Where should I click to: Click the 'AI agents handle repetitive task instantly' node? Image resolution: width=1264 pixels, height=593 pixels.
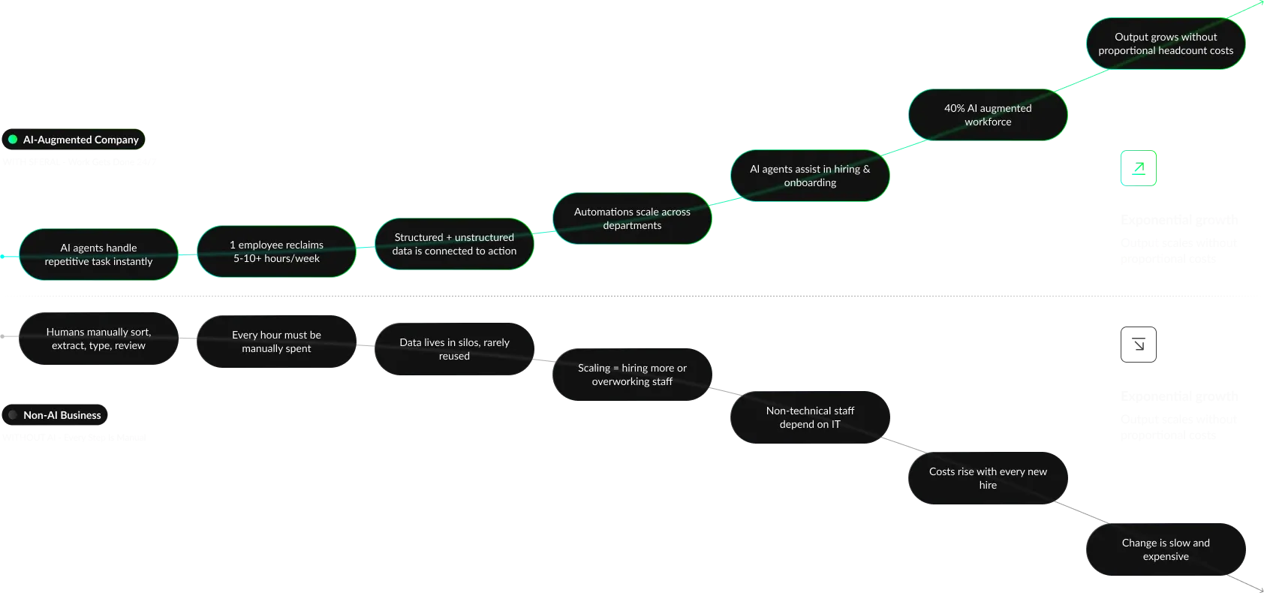[98, 254]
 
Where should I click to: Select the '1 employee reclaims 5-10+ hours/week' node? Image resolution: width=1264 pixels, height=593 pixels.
[276, 251]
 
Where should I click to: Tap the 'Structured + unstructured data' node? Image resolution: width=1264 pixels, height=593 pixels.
[454, 244]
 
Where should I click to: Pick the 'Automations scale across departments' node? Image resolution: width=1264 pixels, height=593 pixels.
[632, 218]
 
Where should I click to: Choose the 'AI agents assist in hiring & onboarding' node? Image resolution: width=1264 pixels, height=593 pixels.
[810, 176]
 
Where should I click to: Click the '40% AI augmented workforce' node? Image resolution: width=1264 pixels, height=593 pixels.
[988, 115]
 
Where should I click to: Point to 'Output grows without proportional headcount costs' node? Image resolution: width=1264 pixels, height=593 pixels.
[1166, 44]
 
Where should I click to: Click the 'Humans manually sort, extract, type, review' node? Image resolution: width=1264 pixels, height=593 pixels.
[98, 339]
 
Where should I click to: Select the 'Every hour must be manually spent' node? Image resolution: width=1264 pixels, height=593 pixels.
[276, 342]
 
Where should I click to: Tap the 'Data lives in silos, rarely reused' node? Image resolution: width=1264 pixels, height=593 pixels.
[454, 349]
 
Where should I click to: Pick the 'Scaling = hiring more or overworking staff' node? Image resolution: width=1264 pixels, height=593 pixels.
[632, 375]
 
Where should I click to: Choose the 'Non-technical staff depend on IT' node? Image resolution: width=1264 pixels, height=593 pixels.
[810, 417]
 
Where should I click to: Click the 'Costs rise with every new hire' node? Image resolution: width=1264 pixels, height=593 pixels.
[988, 478]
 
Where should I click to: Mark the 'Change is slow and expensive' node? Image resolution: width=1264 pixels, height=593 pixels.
[1166, 549]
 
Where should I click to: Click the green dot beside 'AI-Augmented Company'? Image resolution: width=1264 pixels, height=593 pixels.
[13, 140]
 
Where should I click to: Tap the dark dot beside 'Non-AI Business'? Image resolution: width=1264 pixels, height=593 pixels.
[13, 415]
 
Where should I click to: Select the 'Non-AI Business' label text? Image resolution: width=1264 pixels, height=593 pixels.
[62, 415]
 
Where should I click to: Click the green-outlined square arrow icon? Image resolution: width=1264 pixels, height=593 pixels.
[1138, 169]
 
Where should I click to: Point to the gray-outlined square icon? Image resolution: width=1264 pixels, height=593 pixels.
[1138, 345]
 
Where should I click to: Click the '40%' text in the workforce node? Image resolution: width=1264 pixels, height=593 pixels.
[954, 108]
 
